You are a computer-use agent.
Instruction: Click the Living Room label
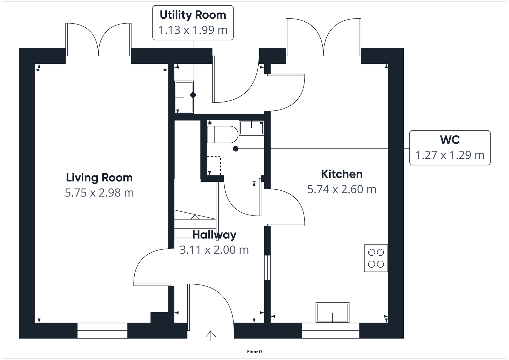[99, 178]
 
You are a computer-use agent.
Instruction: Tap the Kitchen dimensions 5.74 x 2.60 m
[342, 189]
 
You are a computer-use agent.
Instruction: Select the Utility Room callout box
[193, 22]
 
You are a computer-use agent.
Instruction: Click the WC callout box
[450, 148]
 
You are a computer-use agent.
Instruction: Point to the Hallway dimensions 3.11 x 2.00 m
[214, 250]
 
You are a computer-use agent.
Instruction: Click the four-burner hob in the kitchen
[376, 258]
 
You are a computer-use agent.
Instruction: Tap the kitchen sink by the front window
[332, 313]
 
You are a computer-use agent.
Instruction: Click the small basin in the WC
[251, 128]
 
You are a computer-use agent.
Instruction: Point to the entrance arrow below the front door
[211, 336]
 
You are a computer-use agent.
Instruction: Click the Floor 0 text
[254, 352]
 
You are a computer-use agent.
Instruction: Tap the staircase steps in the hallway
[195, 224]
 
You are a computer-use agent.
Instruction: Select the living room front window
[102, 331]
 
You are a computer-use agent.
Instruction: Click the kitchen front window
[331, 331]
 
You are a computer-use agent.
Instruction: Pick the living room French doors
[99, 40]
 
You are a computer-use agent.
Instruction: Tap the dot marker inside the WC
[235, 149]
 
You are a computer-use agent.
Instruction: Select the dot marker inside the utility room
[193, 95]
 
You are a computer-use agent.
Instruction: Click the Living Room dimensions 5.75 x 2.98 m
[99, 193]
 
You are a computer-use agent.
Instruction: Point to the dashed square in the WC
[214, 166]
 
